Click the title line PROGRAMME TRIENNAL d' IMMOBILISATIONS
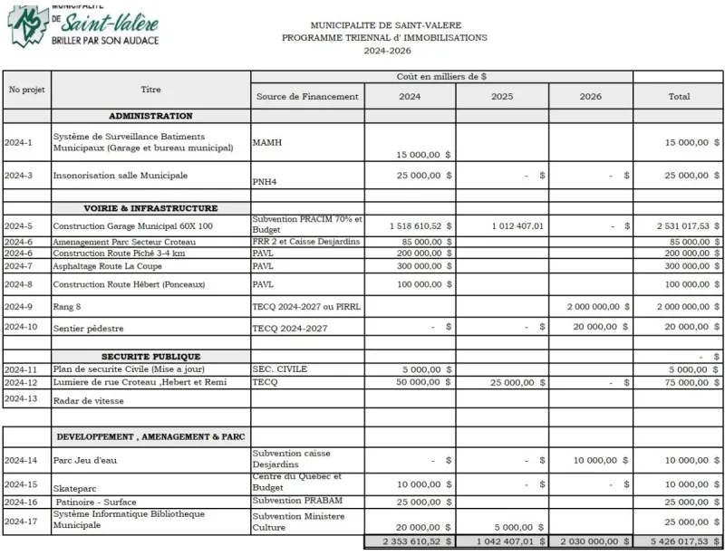(384, 38)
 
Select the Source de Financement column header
(307, 97)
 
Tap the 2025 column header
(502, 97)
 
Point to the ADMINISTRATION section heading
(150, 116)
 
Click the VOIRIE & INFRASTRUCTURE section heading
(150, 208)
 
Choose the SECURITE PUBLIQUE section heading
(150, 357)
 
